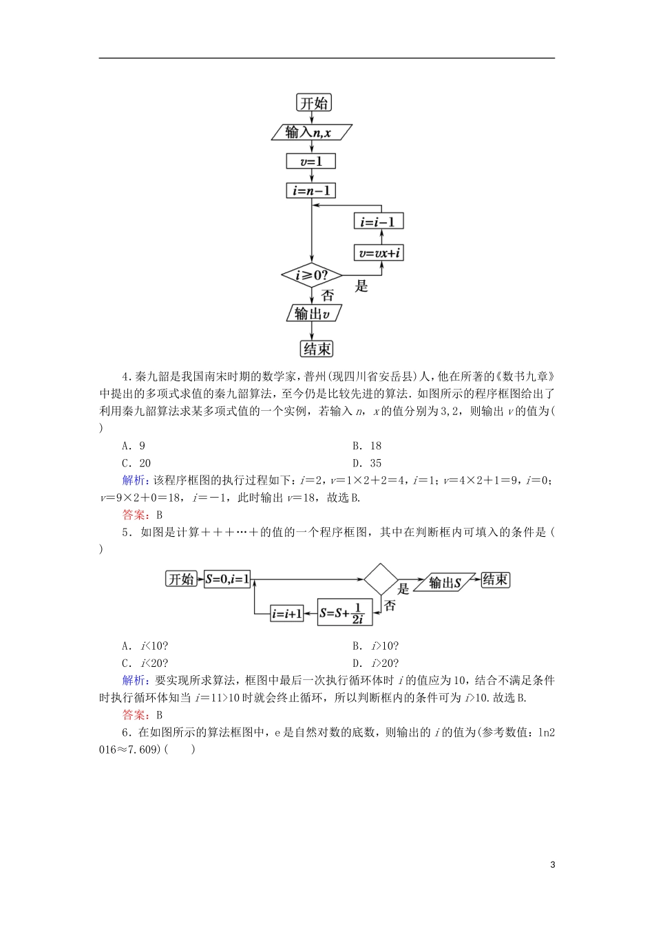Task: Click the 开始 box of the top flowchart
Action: (314, 103)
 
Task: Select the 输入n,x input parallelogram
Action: (311, 132)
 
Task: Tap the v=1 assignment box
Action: (311, 161)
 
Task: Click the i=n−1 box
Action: (311, 191)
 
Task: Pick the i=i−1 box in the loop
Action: (378, 222)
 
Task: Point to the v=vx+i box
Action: (378, 253)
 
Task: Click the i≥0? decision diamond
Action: (311, 275)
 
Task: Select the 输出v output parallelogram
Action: (314, 313)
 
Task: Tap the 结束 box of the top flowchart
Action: (317, 349)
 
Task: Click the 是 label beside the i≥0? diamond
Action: (361, 286)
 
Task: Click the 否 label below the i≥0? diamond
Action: (328, 296)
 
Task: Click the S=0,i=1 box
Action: (227, 580)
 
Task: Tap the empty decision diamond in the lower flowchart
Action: (381, 580)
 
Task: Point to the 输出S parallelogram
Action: (445, 583)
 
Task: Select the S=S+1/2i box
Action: (345, 613)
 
